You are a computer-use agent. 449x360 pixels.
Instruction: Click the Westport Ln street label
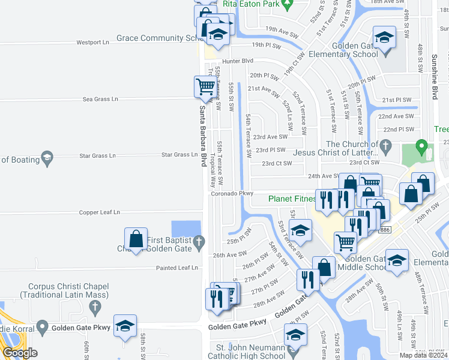[x=92, y=43]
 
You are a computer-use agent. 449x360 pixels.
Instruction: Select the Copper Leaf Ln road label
[x=100, y=212]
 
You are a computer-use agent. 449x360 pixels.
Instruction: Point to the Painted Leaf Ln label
[x=177, y=268]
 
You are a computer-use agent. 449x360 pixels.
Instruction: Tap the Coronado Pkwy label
[x=231, y=194]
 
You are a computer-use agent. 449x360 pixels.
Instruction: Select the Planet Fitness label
[x=292, y=199]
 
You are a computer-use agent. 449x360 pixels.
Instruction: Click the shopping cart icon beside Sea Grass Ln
[x=205, y=86]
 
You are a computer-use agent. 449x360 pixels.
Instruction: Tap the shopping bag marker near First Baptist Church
[x=136, y=238]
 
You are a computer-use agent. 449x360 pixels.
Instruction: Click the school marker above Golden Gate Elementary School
[x=384, y=37]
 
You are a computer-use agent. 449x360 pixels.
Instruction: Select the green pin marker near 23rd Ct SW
[x=421, y=147]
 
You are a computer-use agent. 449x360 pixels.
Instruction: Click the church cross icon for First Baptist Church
[x=199, y=241]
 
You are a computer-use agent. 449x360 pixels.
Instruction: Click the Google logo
[x=20, y=353]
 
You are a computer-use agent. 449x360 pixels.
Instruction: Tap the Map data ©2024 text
[x=423, y=355]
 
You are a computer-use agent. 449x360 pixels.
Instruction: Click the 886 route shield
[x=385, y=230]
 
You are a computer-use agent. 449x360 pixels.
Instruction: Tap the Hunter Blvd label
[x=238, y=61]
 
